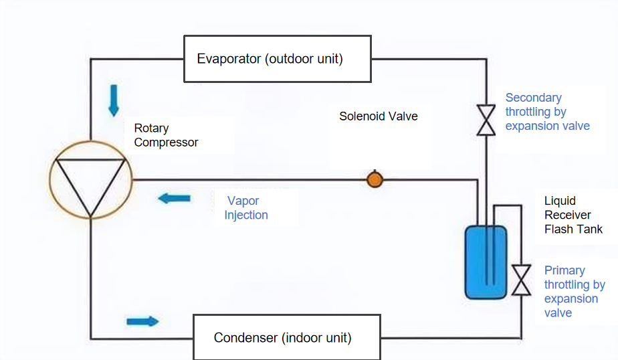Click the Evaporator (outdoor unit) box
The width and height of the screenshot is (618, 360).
point(278,59)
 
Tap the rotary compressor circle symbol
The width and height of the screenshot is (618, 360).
point(90,179)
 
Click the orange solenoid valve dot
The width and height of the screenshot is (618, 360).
point(375,179)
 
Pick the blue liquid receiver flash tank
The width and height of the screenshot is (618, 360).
point(486,262)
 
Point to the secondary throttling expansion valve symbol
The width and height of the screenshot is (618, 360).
point(486,120)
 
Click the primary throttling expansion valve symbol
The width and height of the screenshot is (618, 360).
point(521,280)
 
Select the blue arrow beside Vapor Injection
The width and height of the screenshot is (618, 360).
point(175,198)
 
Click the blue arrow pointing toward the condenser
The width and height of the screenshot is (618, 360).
point(142,321)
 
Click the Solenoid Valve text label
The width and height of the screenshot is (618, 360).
point(379,116)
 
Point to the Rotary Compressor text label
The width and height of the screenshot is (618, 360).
point(166,135)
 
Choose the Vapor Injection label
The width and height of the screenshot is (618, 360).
point(246,207)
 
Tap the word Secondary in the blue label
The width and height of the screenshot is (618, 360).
point(534,98)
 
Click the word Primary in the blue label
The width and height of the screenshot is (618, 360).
point(564,270)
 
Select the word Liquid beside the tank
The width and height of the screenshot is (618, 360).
point(560,201)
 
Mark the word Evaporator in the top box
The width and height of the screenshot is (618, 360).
point(229,59)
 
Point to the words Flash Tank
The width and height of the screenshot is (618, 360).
point(573,230)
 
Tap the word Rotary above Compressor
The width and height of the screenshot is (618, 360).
point(152,128)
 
